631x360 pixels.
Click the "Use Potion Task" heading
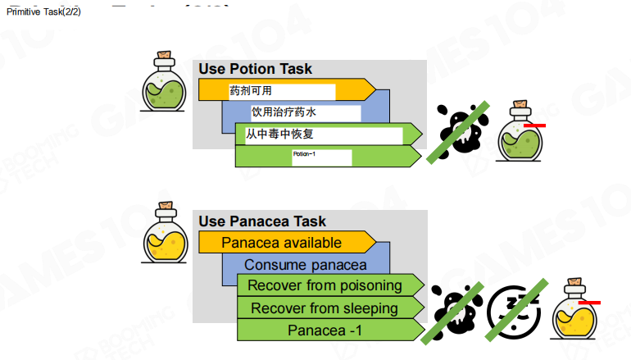click(255, 69)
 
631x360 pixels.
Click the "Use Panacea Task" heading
click(262, 221)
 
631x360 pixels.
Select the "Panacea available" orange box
click(281, 243)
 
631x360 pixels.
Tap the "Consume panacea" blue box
click(305, 265)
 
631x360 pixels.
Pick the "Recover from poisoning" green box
click(325, 285)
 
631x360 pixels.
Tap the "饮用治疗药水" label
click(284, 112)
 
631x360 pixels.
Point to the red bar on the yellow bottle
click(589, 302)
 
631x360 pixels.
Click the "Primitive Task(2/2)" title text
click(43, 11)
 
